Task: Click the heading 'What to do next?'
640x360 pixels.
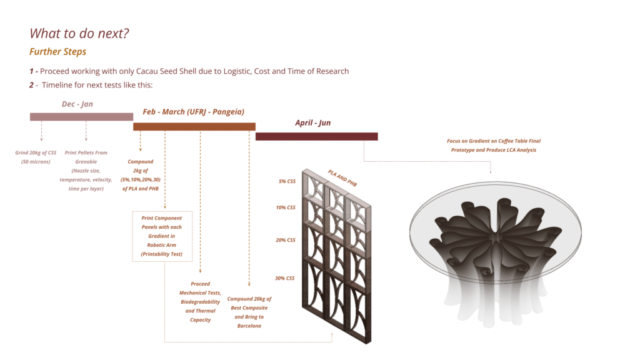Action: click(x=79, y=34)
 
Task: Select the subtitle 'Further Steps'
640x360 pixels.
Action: click(x=57, y=52)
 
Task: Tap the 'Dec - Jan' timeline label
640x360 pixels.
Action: click(x=77, y=104)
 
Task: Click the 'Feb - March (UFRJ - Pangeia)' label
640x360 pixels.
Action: click(x=194, y=112)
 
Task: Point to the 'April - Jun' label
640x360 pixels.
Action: click(x=313, y=123)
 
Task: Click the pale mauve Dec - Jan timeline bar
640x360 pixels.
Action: click(x=81, y=117)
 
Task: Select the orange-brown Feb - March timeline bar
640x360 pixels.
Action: click(x=194, y=126)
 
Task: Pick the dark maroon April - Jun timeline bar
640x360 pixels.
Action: click(x=317, y=136)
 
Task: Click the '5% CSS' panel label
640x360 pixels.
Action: click(x=287, y=181)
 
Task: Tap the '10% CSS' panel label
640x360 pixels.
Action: click(x=285, y=207)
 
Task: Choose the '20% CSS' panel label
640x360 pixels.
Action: click(x=285, y=240)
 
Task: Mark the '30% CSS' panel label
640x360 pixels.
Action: click(x=284, y=278)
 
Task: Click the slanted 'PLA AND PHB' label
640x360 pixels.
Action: click(x=342, y=178)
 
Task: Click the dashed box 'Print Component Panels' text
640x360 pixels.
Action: click(x=162, y=236)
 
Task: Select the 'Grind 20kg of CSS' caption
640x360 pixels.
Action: click(x=36, y=157)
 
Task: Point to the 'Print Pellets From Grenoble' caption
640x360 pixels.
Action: click(x=86, y=171)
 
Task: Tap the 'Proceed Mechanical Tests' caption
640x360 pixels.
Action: click(x=200, y=302)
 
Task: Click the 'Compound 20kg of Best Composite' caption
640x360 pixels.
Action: click(x=249, y=312)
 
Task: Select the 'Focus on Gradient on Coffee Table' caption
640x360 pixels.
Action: click(x=494, y=145)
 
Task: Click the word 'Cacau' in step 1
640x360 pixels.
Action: click(x=147, y=71)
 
